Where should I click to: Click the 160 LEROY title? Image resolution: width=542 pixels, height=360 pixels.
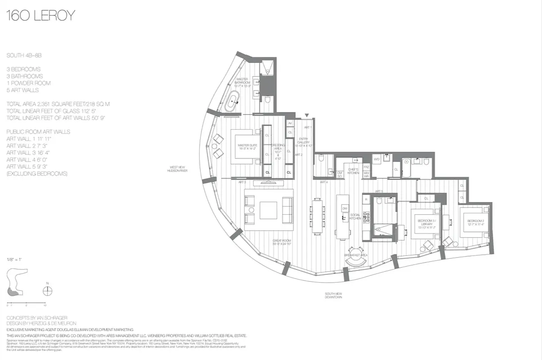41,16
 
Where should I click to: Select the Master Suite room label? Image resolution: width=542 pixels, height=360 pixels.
247,147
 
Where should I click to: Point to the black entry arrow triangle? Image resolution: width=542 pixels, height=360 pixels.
307,116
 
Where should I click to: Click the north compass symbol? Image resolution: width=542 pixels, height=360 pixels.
47,291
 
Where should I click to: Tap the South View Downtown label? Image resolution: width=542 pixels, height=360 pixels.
334,296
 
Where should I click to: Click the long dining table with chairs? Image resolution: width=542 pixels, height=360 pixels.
317,216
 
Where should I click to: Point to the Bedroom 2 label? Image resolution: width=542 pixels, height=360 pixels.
475,223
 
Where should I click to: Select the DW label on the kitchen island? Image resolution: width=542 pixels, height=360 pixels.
344,208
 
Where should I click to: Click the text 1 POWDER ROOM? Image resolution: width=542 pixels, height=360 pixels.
28,83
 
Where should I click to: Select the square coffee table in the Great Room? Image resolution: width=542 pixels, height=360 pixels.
268,210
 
